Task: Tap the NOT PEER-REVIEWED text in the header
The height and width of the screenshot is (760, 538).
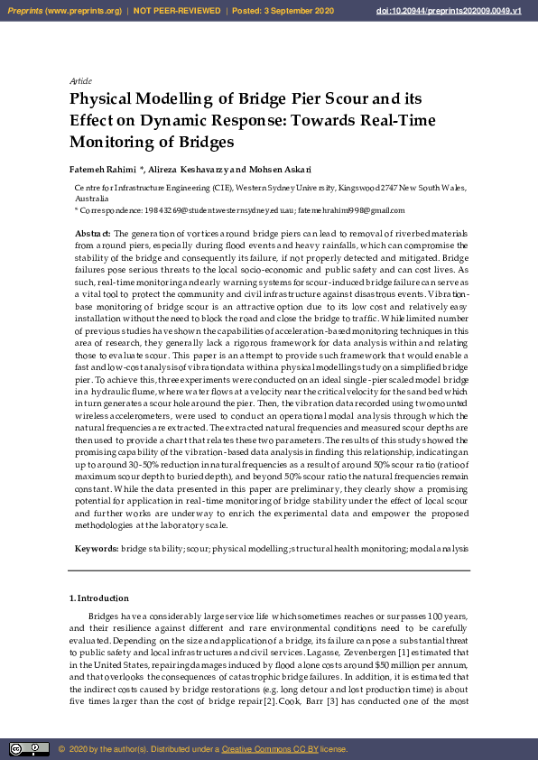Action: (177, 11)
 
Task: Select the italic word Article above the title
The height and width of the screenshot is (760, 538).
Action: (80, 81)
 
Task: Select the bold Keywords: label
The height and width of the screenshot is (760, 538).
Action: (96, 549)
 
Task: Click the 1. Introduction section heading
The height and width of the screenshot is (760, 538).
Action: (99, 598)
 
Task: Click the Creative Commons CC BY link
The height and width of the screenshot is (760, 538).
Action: (264, 749)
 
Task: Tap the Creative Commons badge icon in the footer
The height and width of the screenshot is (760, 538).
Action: (29, 748)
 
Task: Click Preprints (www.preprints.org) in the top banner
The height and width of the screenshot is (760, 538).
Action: (63, 11)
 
